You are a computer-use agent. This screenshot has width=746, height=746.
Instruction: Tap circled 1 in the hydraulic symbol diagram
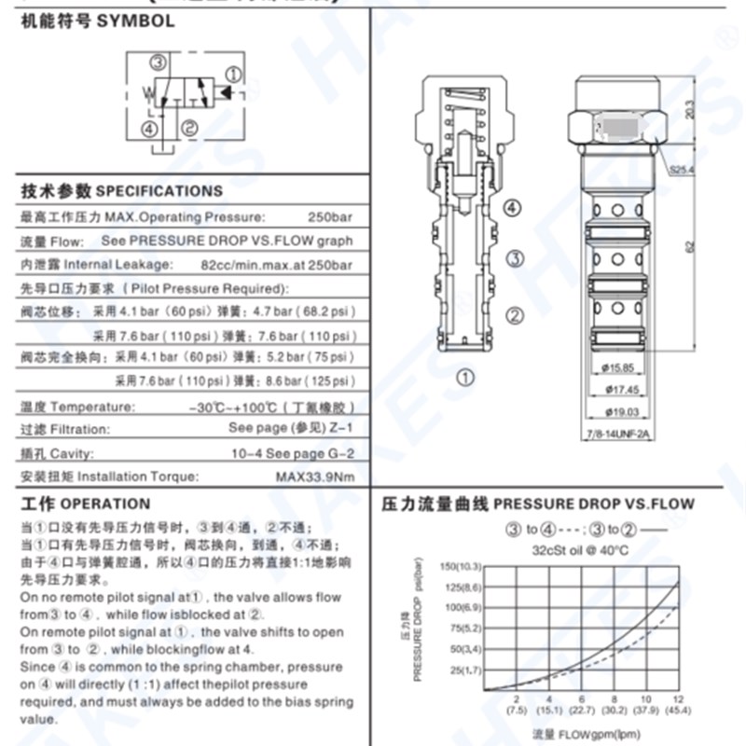click(x=235, y=74)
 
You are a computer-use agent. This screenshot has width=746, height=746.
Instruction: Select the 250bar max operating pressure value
click(x=330, y=217)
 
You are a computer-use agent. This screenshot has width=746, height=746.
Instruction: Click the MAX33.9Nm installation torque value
click(x=315, y=477)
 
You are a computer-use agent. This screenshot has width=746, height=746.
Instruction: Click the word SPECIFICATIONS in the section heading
click(x=160, y=191)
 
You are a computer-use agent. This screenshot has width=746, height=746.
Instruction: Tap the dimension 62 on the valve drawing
click(x=691, y=246)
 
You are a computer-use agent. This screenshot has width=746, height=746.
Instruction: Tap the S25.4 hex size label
click(x=684, y=169)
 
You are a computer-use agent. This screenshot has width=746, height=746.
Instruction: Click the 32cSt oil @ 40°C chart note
click(x=580, y=549)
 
